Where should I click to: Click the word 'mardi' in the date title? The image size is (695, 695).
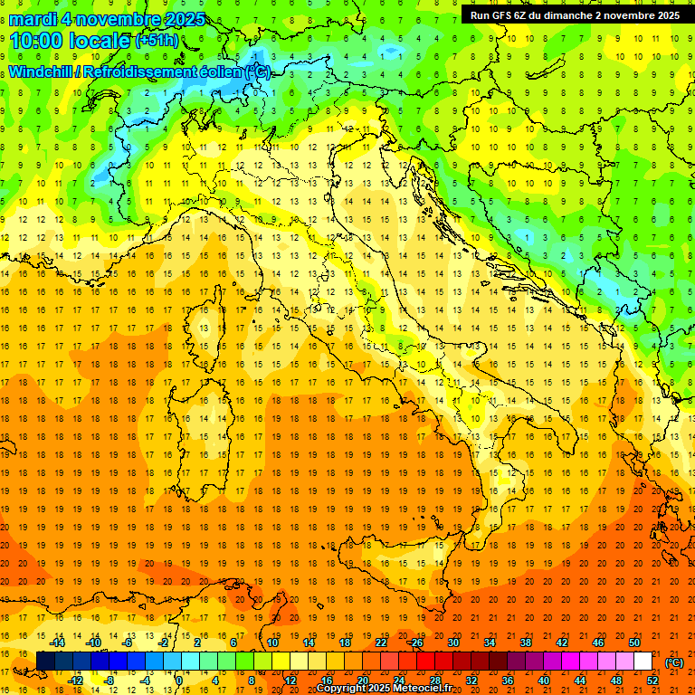[33, 20]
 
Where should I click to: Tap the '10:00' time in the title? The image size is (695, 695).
[37, 40]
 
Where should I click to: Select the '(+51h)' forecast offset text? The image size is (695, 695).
[156, 41]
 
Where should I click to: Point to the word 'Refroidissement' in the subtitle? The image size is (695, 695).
[140, 71]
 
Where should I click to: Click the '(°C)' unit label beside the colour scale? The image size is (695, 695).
[674, 662]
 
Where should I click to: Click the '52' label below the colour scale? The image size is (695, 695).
[652, 681]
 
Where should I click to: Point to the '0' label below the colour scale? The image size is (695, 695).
[179, 681]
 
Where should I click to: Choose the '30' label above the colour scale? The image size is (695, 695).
[453, 643]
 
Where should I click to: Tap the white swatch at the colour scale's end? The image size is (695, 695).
[643, 662]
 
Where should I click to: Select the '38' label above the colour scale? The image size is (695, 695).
[526, 643]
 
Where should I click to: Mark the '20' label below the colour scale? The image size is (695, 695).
[362, 681]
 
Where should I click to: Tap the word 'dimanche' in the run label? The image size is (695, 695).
[566, 15]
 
